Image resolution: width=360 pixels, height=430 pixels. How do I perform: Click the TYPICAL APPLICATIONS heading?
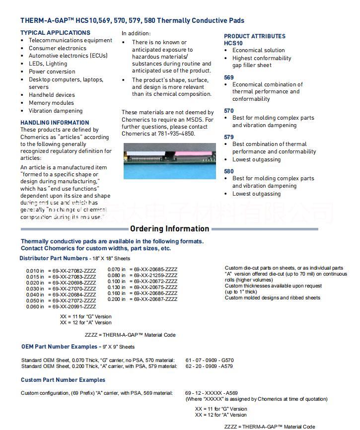(x=55, y=33)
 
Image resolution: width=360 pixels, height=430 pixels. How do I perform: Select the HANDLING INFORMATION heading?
(x=55, y=123)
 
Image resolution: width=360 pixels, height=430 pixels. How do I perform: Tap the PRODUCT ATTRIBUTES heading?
(x=254, y=36)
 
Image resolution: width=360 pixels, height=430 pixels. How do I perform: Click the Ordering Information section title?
(x=169, y=229)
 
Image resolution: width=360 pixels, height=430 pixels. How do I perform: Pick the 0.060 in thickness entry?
(x=35, y=307)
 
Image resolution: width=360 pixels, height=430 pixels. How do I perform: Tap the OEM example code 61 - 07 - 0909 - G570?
(x=209, y=360)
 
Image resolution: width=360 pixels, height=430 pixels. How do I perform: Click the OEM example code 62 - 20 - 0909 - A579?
(x=209, y=366)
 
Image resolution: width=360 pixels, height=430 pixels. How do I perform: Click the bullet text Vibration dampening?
(x=56, y=111)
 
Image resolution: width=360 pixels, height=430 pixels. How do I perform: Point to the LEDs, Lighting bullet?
(x=48, y=64)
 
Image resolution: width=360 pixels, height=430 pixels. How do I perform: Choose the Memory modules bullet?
(x=51, y=103)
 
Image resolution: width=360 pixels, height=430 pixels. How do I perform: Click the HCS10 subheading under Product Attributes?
(x=233, y=43)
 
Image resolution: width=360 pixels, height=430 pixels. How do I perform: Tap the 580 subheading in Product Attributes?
(x=228, y=171)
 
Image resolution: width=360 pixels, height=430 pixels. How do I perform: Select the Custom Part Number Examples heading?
(x=63, y=380)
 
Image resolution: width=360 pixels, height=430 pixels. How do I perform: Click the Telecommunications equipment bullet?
(x=71, y=40)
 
